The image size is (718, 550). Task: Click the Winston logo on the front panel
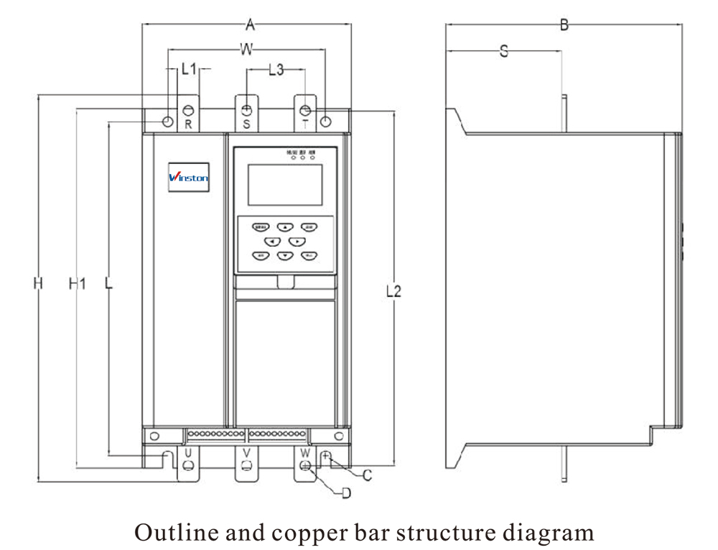[189, 177]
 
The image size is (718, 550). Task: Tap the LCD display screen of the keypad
[285, 185]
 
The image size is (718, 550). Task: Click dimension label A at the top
[250, 25]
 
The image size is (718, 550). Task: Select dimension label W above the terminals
[246, 50]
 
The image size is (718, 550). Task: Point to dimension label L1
[189, 70]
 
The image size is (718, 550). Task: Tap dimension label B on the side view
[564, 25]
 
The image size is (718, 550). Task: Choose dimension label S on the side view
[504, 51]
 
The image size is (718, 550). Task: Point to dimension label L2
[393, 291]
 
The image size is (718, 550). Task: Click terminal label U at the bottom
[187, 453]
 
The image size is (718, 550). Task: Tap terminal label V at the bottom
[246, 453]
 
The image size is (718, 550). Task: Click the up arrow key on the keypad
[285, 226]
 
